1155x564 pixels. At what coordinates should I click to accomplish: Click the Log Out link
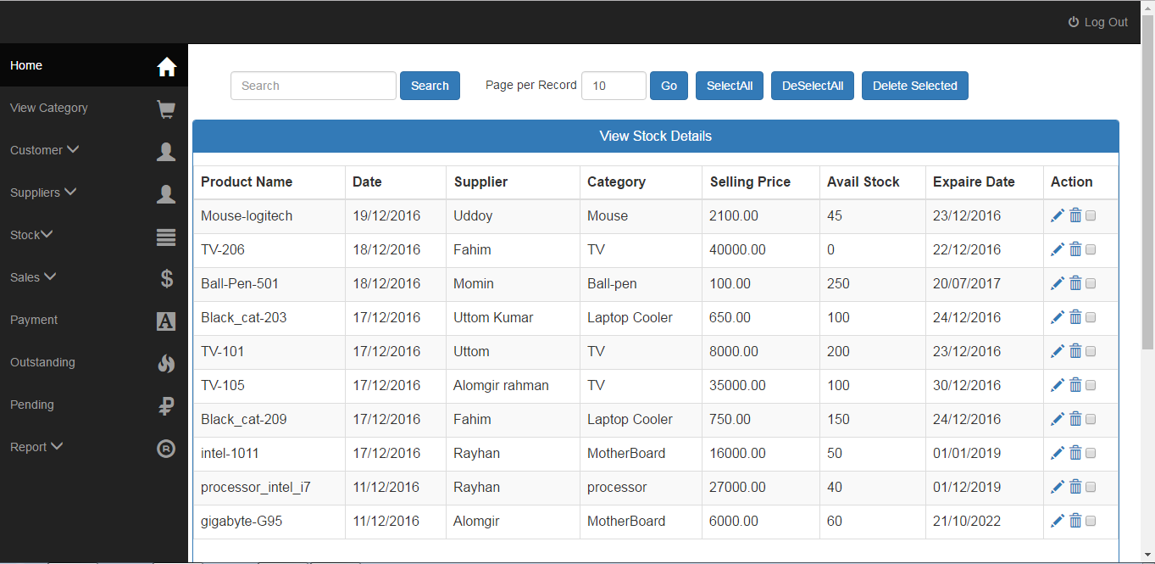click(1098, 22)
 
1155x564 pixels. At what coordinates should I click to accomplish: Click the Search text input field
click(313, 86)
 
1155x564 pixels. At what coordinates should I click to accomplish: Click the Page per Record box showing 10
click(614, 86)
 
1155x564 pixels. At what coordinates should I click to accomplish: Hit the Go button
click(669, 86)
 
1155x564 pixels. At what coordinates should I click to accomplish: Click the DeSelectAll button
click(812, 86)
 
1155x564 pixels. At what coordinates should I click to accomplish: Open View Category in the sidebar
click(49, 108)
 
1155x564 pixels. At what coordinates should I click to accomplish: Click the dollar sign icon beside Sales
click(167, 277)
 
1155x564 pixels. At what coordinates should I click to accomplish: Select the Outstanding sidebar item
click(42, 362)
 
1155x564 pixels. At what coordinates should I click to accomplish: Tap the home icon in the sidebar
click(167, 66)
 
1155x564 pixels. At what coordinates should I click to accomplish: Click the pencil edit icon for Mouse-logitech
click(1058, 216)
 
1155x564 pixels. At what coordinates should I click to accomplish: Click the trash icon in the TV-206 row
click(1075, 249)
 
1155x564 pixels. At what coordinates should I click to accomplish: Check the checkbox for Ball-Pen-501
click(1091, 283)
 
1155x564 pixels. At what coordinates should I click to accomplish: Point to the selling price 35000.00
click(737, 385)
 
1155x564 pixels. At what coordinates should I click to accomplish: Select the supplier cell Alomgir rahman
click(501, 385)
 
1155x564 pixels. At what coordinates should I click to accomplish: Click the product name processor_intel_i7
click(256, 487)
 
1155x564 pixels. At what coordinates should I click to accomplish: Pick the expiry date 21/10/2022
click(967, 521)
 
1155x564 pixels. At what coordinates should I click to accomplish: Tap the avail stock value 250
click(838, 283)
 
